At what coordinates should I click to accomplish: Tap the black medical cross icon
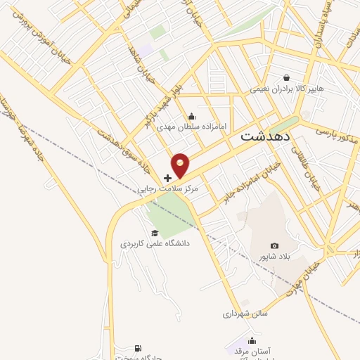pyautogui.click(x=167, y=178)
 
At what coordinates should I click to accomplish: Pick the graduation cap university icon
pyautogui.click(x=154, y=233)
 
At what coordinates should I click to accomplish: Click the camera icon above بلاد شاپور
pyautogui.click(x=274, y=246)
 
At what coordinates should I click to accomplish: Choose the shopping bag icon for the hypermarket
pyautogui.click(x=286, y=78)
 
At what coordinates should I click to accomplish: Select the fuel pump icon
pyautogui.click(x=137, y=349)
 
